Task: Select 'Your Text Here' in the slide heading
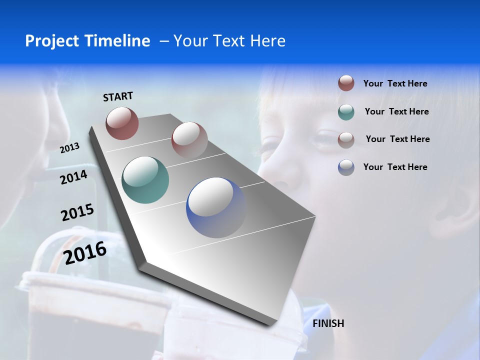pyautogui.click(x=229, y=41)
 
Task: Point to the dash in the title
pyautogui.click(x=164, y=41)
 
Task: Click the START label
pyautogui.click(x=118, y=96)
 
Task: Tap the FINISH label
pyautogui.click(x=328, y=323)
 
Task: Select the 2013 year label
pyautogui.click(x=69, y=148)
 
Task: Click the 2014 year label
pyautogui.click(x=73, y=177)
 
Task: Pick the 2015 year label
pyautogui.click(x=77, y=212)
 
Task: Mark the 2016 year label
pyautogui.click(x=85, y=253)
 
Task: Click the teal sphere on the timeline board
pyautogui.click(x=145, y=180)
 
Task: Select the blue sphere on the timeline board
pyautogui.click(x=216, y=207)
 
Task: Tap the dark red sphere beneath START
pyautogui.click(x=122, y=123)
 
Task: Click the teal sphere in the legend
pyautogui.click(x=346, y=112)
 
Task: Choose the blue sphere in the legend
pyautogui.click(x=346, y=167)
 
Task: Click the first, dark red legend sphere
pyautogui.click(x=346, y=83)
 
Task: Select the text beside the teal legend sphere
pyautogui.click(x=396, y=111)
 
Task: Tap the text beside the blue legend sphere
pyautogui.click(x=395, y=167)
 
